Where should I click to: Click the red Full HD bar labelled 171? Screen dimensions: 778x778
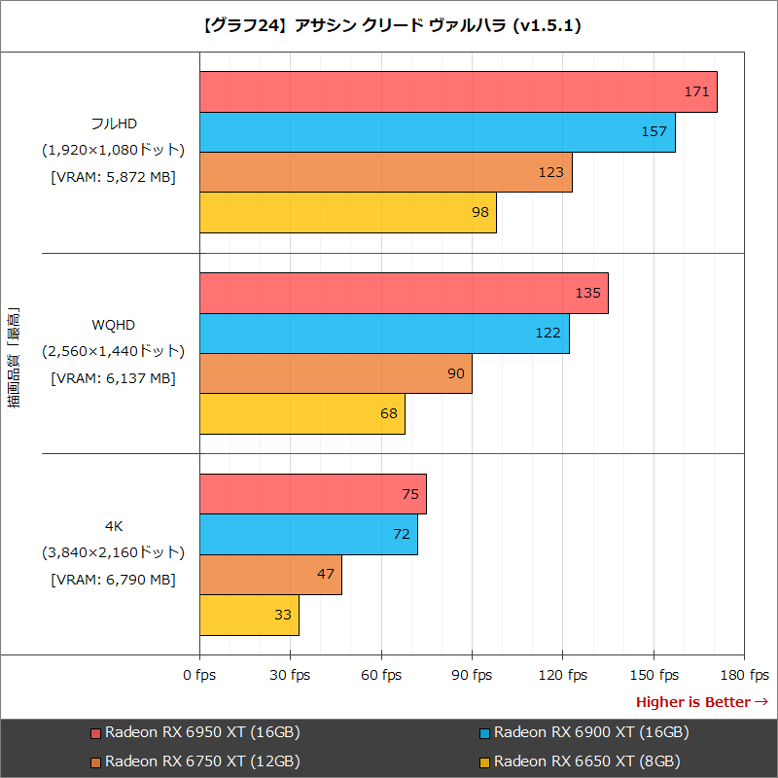[457, 92]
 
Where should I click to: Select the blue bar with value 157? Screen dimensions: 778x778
[437, 132]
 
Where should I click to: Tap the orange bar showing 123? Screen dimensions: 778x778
[385, 172]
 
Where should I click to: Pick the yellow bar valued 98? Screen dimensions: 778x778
[347, 212]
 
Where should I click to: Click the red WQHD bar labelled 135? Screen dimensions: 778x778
[404, 294]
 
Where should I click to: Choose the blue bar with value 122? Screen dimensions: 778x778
[384, 334]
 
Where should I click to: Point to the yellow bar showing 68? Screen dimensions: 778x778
[301, 413]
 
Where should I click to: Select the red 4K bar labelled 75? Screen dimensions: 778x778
[312, 494]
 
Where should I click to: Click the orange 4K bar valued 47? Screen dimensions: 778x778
[270, 574]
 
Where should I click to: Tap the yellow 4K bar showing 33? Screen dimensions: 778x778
[249, 615]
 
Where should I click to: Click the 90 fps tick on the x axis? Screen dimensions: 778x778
[472, 675]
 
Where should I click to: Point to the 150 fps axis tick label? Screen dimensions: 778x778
[654, 675]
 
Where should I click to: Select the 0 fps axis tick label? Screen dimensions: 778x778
[199, 675]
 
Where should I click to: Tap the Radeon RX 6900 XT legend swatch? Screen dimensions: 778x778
[485, 733]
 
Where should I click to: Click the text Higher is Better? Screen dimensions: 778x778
[692, 702]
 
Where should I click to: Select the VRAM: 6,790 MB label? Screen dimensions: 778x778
[113, 580]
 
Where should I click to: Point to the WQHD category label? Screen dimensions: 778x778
[113, 324]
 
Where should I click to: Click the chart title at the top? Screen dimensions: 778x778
[389, 26]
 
